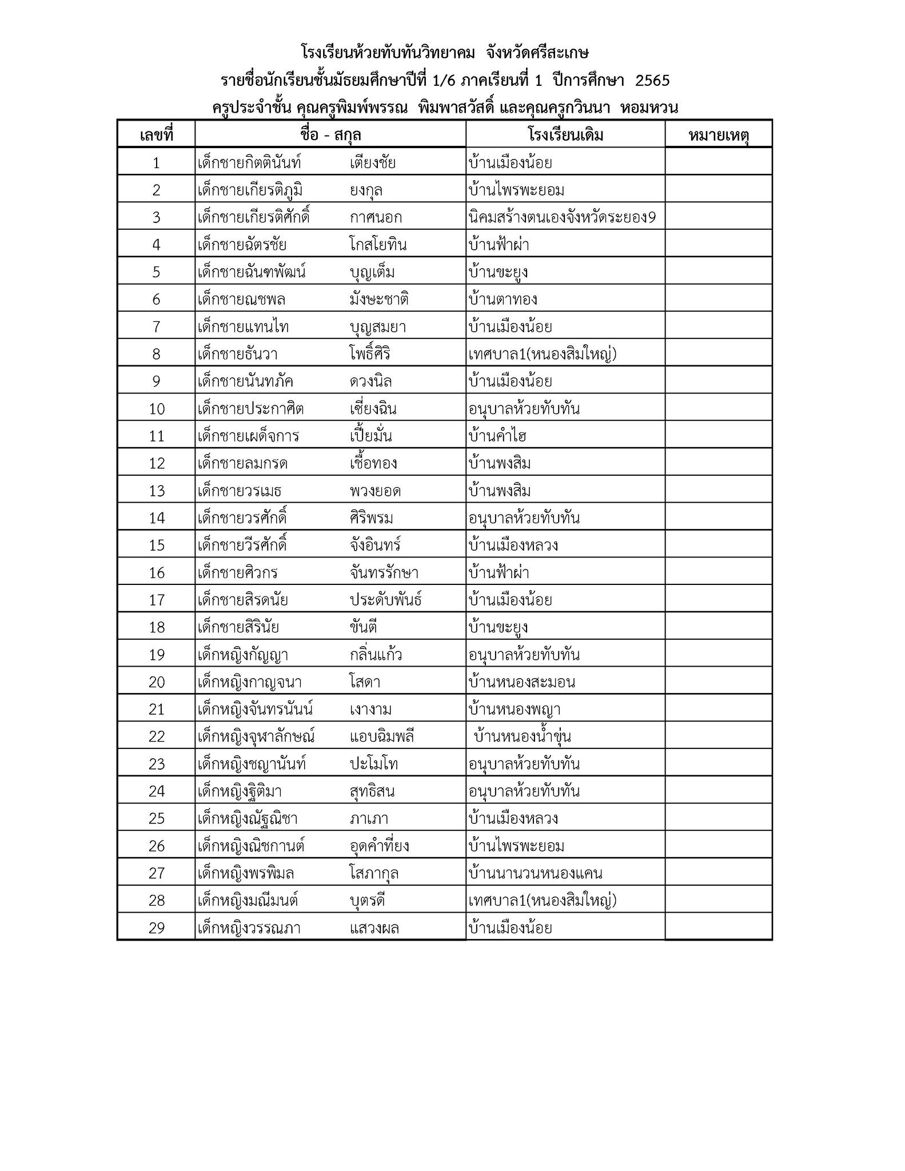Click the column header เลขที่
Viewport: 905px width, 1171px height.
pos(156,136)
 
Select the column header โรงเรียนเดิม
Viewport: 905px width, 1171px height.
pos(565,136)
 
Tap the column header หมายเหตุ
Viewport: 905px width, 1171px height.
pos(719,136)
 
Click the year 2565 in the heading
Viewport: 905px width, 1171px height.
pos(652,81)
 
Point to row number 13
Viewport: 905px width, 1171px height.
pos(156,491)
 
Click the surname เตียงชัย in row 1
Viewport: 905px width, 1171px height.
pos(372,163)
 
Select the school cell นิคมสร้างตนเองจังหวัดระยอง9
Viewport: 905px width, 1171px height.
pos(561,218)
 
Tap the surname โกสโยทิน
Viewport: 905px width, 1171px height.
pos(378,245)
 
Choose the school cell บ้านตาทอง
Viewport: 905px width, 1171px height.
pos(503,300)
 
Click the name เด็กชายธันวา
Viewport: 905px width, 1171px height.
pos(237,355)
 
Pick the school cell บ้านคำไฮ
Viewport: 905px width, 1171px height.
pos(497,436)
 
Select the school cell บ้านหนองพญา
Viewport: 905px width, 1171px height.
pos(514,710)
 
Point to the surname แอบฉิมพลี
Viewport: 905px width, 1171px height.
pos(381,737)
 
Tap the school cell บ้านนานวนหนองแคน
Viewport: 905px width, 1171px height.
pos(535,874)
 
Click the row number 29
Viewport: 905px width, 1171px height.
pos(156,928)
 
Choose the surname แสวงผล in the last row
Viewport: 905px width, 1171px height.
pos(374,928)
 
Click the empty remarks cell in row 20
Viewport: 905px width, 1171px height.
pos(719,682)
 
